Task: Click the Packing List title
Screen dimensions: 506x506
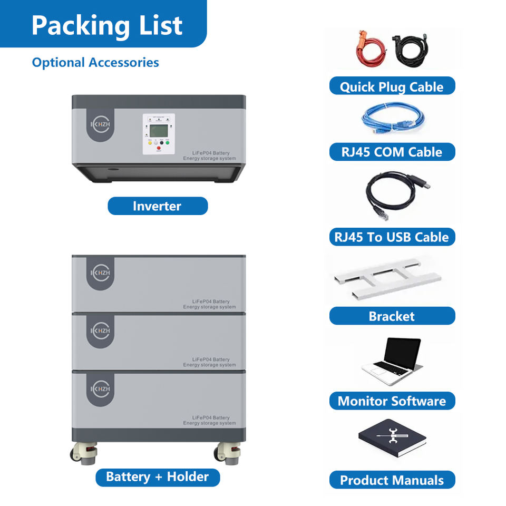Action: click(x=107, y=25)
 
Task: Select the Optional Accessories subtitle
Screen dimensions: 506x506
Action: click(x=95, y=62)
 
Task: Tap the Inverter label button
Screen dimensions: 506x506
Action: click(x=157, y=206)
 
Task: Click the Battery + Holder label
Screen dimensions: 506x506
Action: click(x=158, y=477)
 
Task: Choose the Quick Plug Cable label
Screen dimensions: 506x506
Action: click(x=392, y=86)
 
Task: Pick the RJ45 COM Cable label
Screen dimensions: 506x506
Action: click(x=392, y=152)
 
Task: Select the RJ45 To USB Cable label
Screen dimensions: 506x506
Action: click(x=392, y=237)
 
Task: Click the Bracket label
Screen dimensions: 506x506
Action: click(x=392, y=316)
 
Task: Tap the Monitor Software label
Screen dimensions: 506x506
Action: click(x=392, y=401)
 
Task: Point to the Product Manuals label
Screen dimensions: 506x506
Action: click(x=392, y=480)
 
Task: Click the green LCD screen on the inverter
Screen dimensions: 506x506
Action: click(x=159, y=130)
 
